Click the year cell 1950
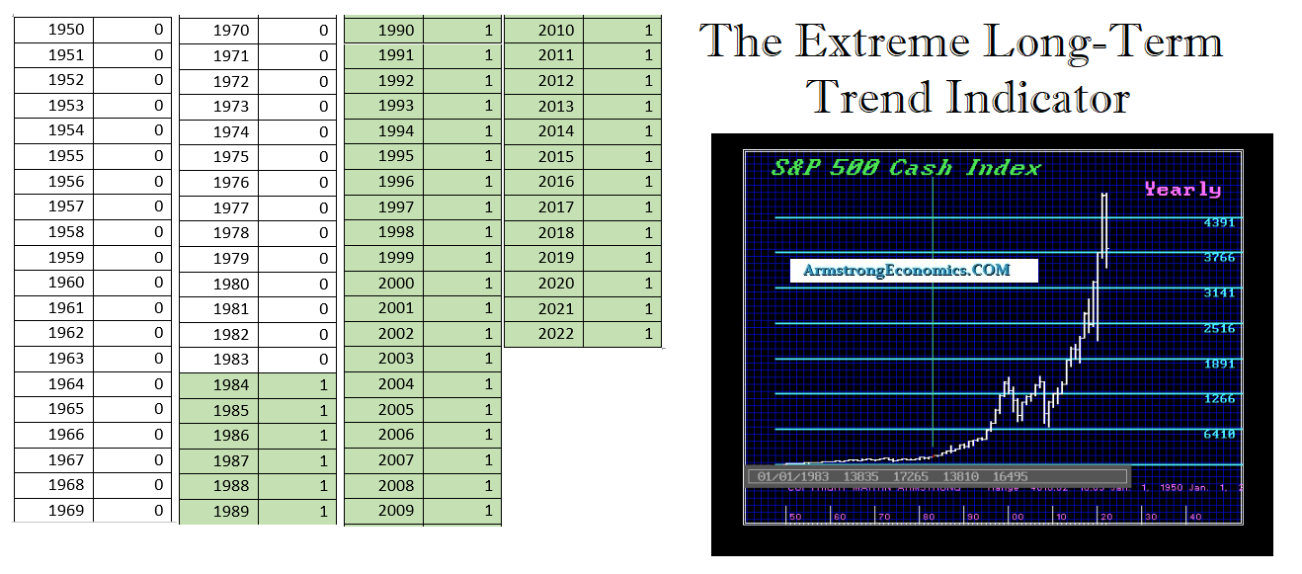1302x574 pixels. pos(65,30)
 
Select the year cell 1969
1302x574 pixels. pos(65,511)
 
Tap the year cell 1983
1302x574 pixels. pos(230,360)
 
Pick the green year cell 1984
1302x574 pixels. pos(230,385)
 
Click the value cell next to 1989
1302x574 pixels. pos(297,512)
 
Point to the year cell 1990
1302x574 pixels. pos(395,31)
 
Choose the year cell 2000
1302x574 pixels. pos(395,284)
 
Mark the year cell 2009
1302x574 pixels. pos(395,511)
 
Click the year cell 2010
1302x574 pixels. pos(555,31)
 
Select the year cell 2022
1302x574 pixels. pos(555,334)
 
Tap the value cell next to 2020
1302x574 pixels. pos(622,284)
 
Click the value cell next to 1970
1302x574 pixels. pos(297,31)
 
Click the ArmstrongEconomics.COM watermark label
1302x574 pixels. pos(907,270)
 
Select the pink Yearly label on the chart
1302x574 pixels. pos(1182,189)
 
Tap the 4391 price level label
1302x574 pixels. pos(1219,222)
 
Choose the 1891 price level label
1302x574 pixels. pos(1219,364)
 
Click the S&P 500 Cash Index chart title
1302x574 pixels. pos(906,167)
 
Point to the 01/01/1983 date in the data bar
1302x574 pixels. pos(793,476)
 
